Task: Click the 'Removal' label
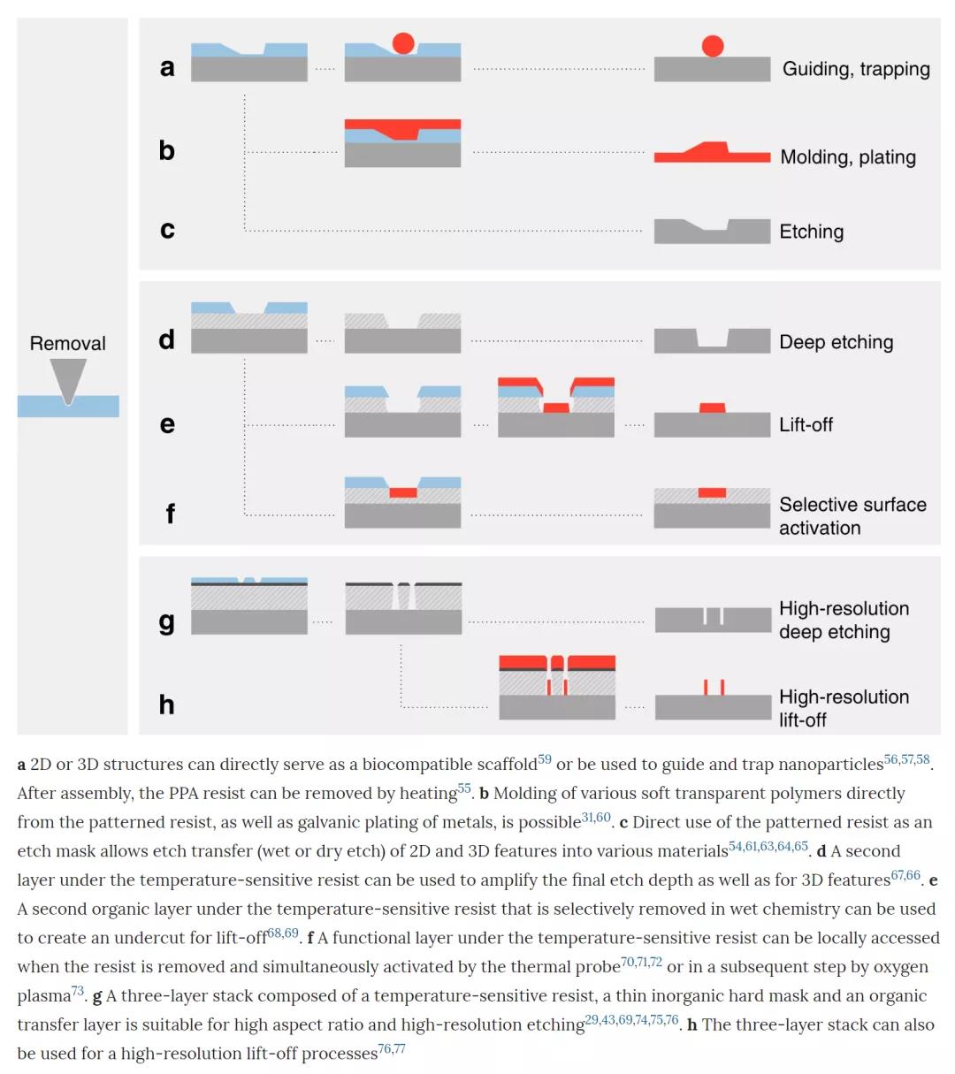(67, 343)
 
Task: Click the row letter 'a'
(167, 67)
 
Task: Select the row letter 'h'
(166, 705)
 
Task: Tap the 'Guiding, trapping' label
(855, 69)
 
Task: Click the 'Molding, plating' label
(847, 157)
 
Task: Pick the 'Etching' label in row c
(811, 232)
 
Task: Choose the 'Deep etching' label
(836, 342)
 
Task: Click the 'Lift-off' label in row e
(806, 424)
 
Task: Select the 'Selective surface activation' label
(852, 516)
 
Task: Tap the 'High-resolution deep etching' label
(843, 620)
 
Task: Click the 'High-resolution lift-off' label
(843, 708)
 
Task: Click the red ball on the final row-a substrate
(713, 46)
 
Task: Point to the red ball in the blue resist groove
(403, 42)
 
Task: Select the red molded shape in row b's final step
(712, 152)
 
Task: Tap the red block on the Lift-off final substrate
(712, 408)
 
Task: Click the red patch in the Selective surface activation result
(712, 492)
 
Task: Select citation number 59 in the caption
(544, 759)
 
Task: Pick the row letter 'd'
(167, 339)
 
